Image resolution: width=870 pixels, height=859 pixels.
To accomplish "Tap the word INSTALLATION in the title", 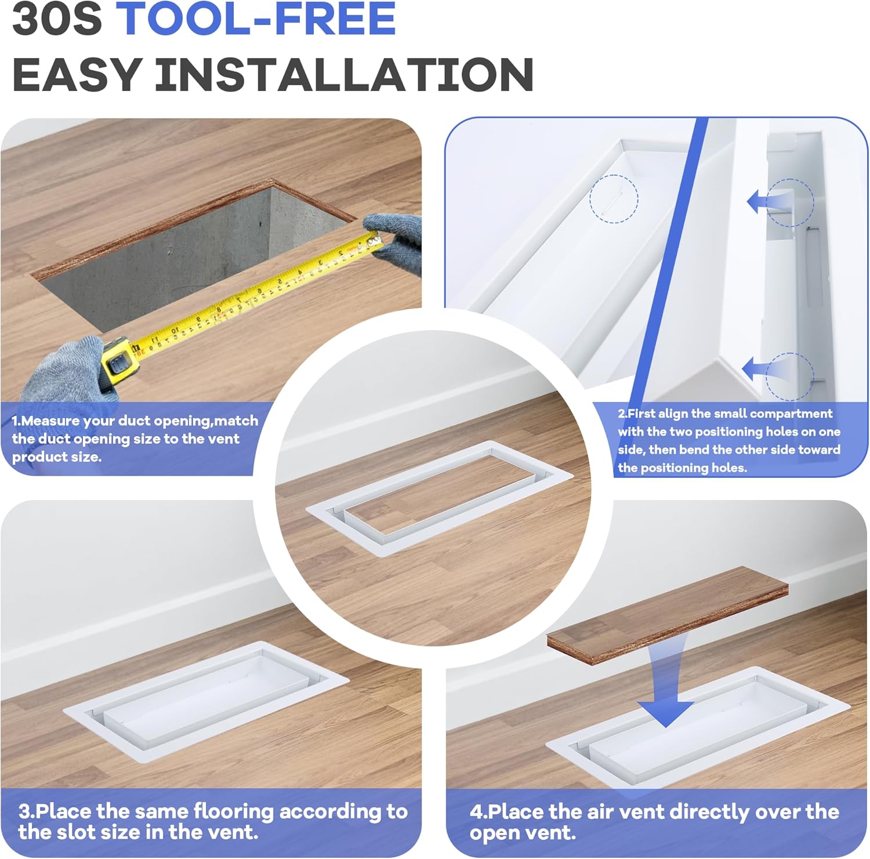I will click(344, 75).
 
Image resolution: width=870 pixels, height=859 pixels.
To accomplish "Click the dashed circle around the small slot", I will click(614, 199).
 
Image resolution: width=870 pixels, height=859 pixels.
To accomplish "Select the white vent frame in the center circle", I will click(439, 499).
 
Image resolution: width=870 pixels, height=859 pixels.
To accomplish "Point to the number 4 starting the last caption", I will click(476, 811).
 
